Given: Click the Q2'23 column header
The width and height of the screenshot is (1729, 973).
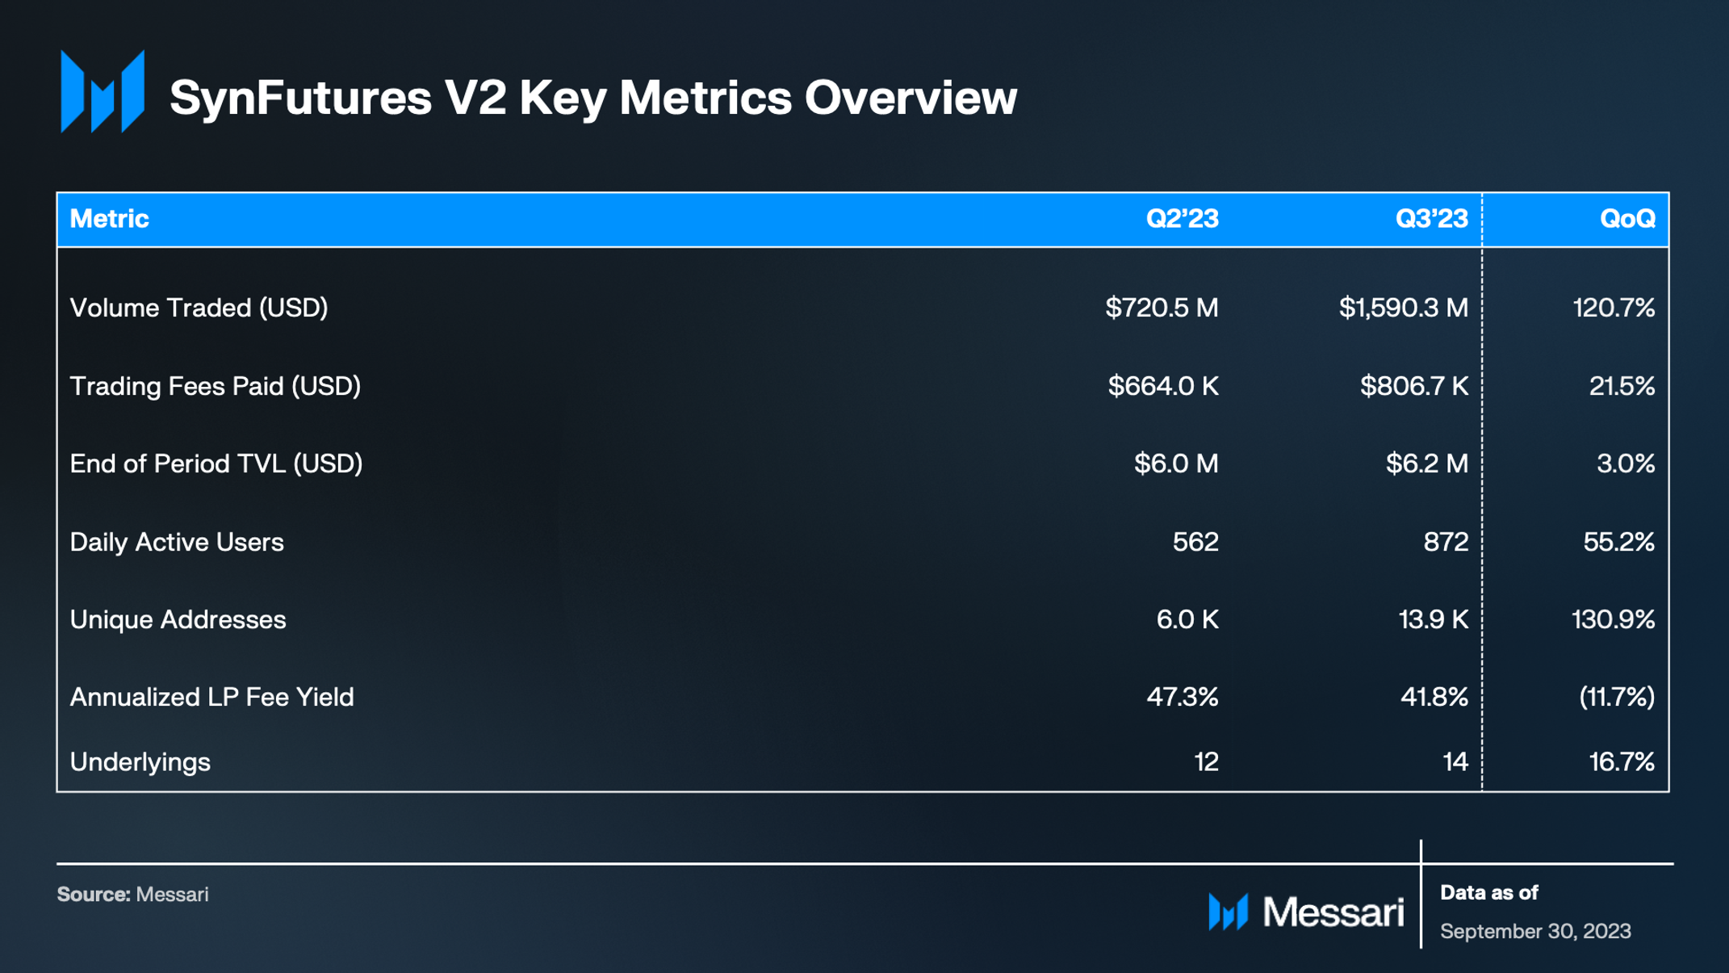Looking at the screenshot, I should click(x=1182, y=219).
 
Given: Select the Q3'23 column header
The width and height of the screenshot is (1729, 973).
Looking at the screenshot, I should click(x=1431, y=219).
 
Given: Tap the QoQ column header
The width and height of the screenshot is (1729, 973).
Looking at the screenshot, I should click(x=1627, y=219).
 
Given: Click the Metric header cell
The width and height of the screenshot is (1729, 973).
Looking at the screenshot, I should click(x=110, y=219).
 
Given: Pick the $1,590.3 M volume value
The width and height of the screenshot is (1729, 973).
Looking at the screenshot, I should click(x=1403, y=308).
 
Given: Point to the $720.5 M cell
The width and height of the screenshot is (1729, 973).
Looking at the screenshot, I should click(x=1162, y=308).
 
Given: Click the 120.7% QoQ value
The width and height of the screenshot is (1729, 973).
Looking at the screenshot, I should click(x=1614, y=308).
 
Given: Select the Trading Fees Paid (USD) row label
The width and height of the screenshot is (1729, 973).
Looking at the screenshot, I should click(x=215, y=386).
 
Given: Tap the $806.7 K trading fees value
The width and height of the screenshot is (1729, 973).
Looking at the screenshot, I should click(x=1413, y=386).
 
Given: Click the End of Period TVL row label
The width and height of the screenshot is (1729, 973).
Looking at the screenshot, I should click(x=216, y=463).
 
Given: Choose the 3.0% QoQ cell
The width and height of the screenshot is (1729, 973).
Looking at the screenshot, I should click(x=1625, y=463).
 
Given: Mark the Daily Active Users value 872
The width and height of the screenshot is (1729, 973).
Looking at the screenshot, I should click(x=1446, y=542).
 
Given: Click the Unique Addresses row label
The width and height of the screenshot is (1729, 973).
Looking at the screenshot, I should click(x=178, y=619).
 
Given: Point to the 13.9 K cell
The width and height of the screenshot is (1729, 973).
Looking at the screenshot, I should click(x=1433, y=619).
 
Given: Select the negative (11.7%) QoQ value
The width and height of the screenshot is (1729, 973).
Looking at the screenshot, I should click(x=1616, y=697).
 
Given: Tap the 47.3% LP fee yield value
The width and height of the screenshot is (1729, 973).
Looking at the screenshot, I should click(x=1182, y=697).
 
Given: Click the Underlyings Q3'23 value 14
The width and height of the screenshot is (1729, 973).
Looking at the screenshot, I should click(x=1455, y=761).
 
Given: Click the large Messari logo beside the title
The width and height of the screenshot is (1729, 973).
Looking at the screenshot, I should click(x=103, y=91).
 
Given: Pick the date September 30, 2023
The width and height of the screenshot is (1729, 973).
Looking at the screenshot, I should click(x=1535, y=931).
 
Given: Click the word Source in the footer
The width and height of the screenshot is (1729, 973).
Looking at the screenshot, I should click(x=93, y=895).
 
